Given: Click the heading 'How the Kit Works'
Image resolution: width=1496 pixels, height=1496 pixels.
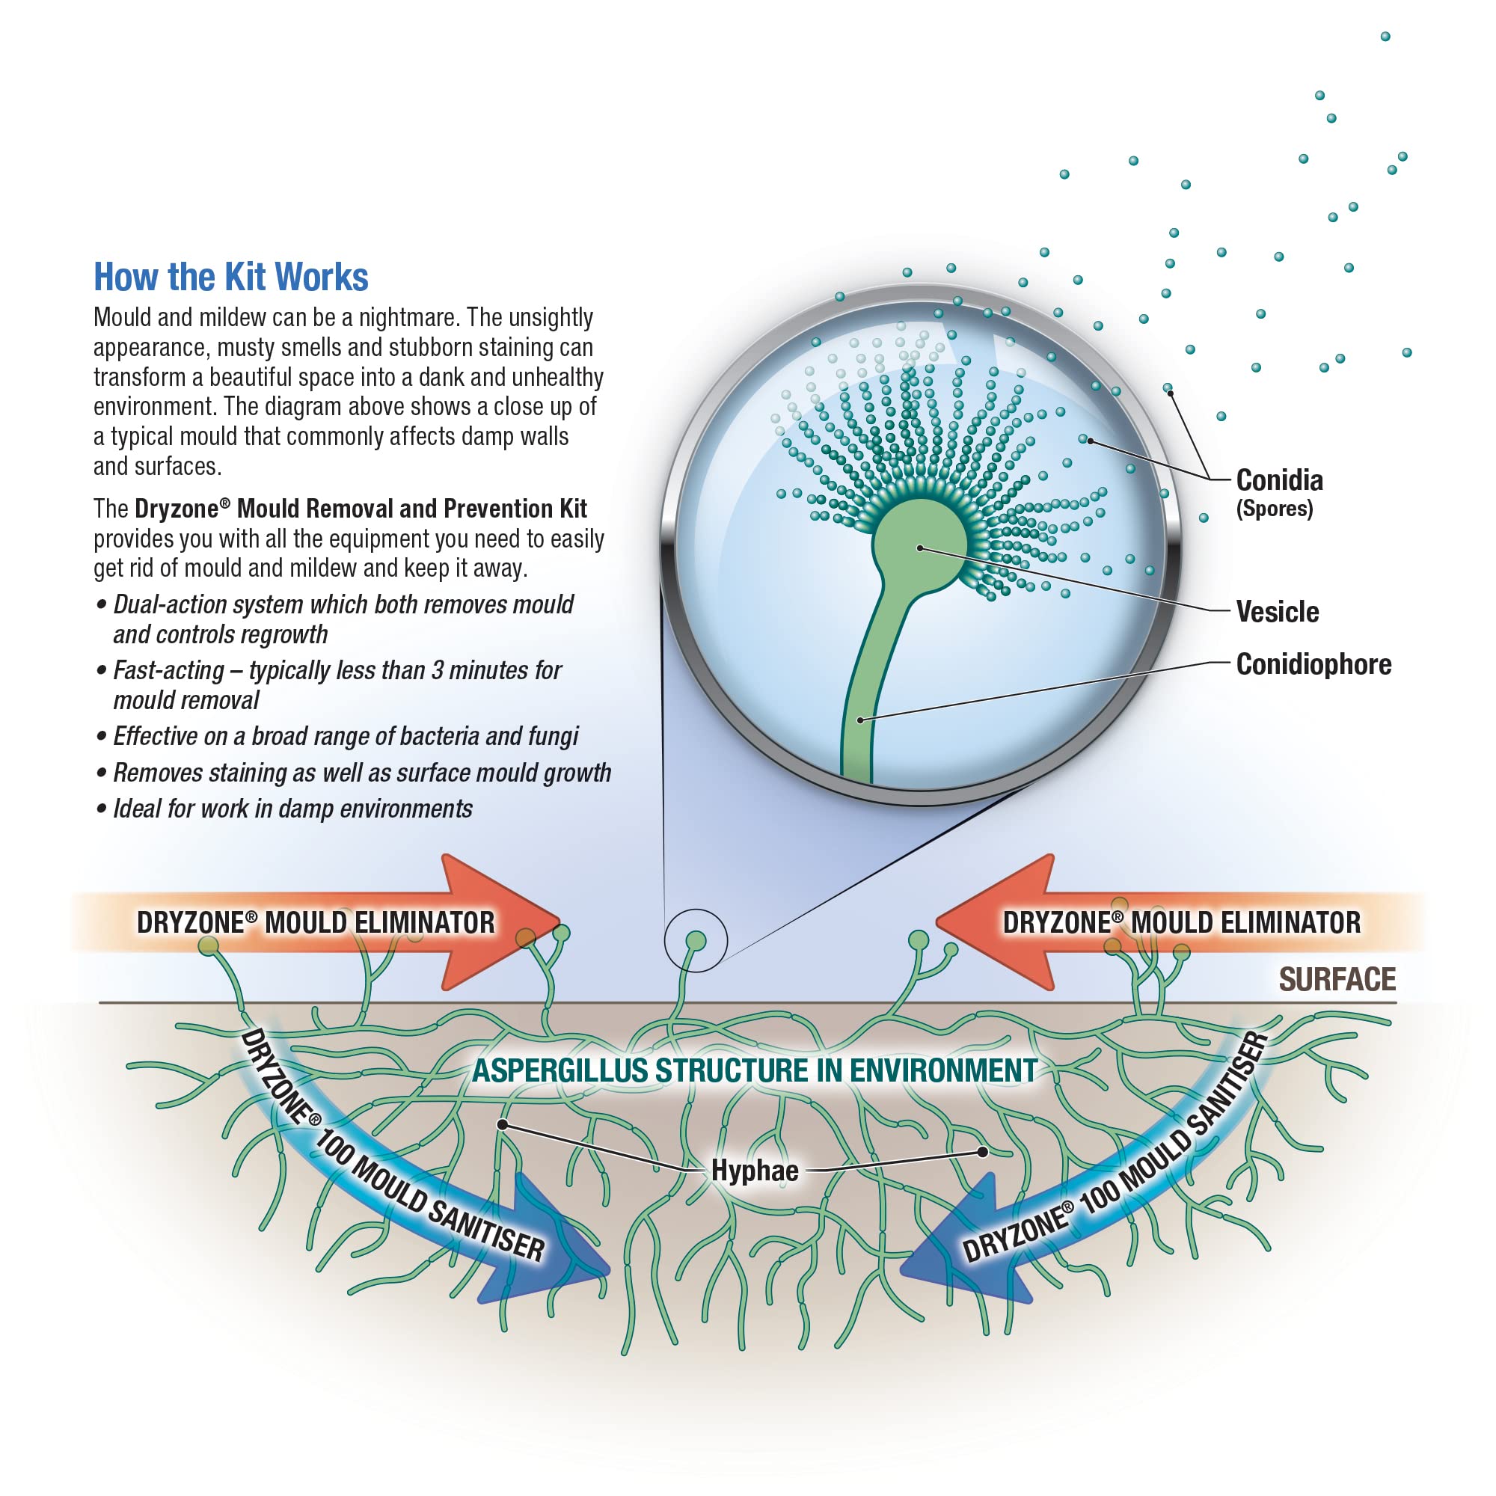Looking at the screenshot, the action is pos(230,278).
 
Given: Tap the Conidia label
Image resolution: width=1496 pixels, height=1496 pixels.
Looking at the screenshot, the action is pos(1279,480).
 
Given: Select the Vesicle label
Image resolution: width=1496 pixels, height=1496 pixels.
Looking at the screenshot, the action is pos(1278,612).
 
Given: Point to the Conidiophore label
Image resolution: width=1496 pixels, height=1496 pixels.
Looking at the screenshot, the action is pos(1314,664).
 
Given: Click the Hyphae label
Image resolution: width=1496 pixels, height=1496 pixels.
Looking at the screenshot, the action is pos(755,1171).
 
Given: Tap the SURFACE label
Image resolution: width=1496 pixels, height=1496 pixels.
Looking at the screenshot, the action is pos(1337,980).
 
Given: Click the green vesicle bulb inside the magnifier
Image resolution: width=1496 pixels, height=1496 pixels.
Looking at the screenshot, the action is pos(920,546).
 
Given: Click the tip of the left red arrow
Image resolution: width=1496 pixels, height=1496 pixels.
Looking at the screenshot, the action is pos(560,922).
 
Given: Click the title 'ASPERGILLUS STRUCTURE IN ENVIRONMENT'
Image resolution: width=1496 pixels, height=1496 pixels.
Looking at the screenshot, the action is pos(755,1071).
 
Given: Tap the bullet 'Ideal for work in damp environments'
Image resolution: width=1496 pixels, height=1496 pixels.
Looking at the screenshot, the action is pos(283,809).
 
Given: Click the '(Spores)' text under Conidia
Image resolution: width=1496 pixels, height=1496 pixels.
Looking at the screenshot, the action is pos(1275,509).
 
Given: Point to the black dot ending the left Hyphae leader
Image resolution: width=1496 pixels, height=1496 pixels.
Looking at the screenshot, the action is pos(503,1124).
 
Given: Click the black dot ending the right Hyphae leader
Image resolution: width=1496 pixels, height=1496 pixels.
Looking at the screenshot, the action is pos(983,1151).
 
